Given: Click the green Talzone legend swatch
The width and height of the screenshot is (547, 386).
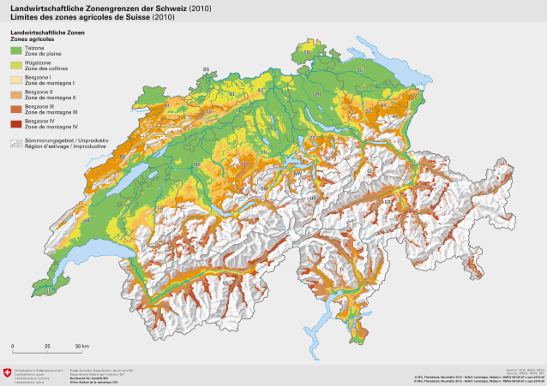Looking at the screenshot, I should (16, 51).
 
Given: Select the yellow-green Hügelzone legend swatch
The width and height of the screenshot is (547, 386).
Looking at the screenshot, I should (16, 66).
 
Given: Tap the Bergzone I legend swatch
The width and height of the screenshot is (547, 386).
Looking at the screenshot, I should (16, 80).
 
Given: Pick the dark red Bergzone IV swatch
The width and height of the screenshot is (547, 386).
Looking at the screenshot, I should (16, 124).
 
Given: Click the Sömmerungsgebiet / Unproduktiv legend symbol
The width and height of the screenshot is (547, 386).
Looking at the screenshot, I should (16, 141).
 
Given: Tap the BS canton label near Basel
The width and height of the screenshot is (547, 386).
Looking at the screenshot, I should (206, 69).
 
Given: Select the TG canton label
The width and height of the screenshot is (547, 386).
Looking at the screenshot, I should (360, 70).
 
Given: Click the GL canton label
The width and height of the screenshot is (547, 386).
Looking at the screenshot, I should (370, 170).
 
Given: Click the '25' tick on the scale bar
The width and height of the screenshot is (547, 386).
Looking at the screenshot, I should (46, 346).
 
